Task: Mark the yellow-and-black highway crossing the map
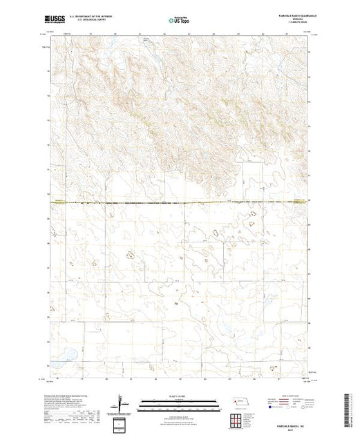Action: (x=180, y=202)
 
